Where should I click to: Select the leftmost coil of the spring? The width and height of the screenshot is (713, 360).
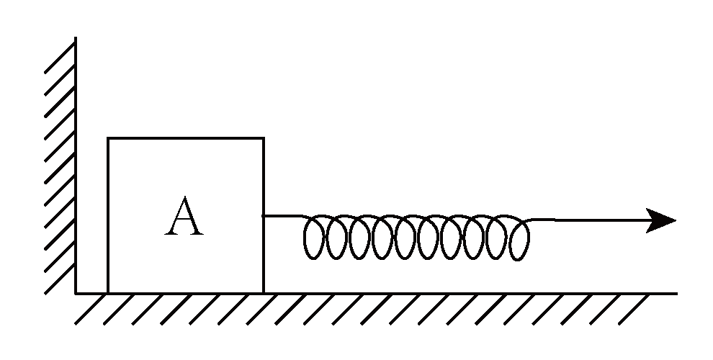(315, 238)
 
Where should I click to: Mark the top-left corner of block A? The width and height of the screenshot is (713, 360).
(108, 138)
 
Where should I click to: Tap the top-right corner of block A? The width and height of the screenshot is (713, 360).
(263, 138)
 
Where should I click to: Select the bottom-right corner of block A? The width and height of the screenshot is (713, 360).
(263, 293)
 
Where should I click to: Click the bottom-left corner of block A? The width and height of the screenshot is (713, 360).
(108, 293)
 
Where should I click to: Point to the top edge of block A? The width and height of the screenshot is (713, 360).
(185, 138)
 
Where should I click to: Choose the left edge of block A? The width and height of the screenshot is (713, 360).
(108, 216)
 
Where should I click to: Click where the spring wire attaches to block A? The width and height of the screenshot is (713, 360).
(264, 215)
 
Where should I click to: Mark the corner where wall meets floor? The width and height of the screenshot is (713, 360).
(76, 294)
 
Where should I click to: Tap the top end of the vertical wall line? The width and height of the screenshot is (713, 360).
(76, 37)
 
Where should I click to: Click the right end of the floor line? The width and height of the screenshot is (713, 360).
(676, 294)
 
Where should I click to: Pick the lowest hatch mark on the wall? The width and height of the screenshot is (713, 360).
(60, 282)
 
